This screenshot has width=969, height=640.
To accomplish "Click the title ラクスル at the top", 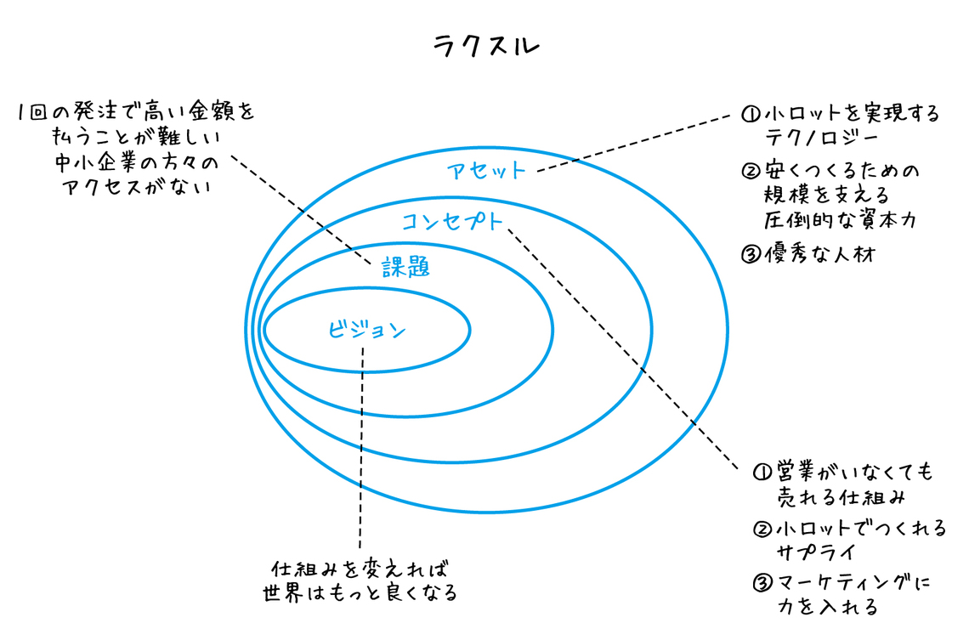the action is click(484, 45).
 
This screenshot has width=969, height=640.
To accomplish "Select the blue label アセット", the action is click(486, 170).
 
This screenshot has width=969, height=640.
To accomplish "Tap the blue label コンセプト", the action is click(450, 223).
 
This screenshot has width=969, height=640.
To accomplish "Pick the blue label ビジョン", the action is click(366, 330).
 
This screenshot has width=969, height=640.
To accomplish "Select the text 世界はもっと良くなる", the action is click(360, 592).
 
